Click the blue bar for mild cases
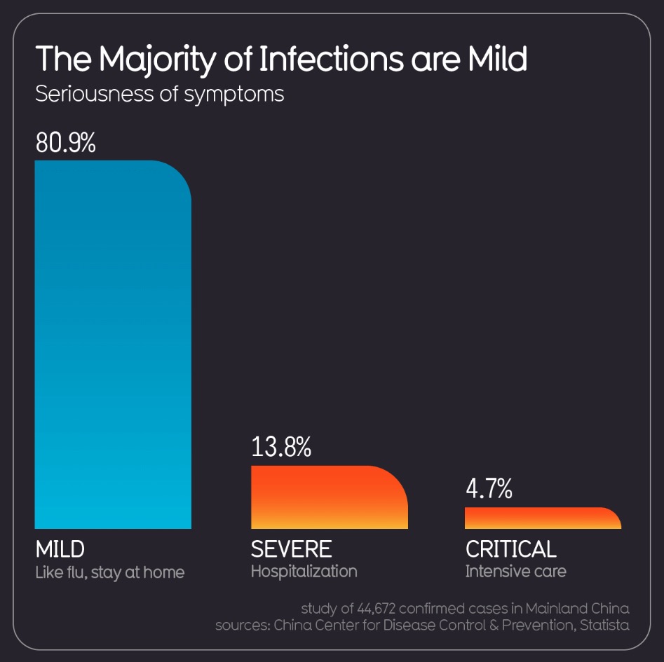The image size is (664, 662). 113,344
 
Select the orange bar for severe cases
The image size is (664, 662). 329,497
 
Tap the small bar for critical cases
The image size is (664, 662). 543,518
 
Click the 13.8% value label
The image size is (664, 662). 281,447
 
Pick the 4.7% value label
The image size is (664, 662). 489,489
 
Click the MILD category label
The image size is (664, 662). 60,549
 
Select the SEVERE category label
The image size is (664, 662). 291,549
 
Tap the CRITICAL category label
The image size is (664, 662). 510,549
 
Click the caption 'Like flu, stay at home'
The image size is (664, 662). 110,572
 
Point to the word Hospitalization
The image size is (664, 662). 304,571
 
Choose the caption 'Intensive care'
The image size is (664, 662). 515,571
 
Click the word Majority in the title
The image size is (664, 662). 157,60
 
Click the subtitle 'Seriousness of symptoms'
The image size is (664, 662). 159,94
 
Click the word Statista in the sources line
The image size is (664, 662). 604,625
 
